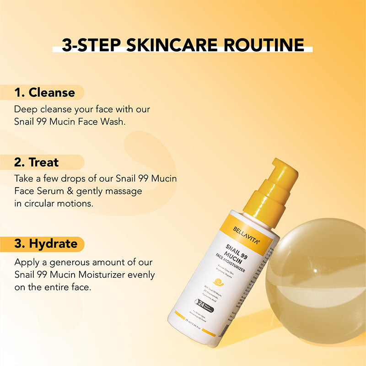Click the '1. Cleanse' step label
pyautogui.click(x=44, y=92)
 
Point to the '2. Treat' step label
pyautogui.click(x=37, y=162)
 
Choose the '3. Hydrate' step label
pyautogui.click(x=46, y=243)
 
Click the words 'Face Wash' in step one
pyautogui.click(x=106, y=122)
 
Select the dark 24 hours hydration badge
pyautogui.click(x=206, y=304)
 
